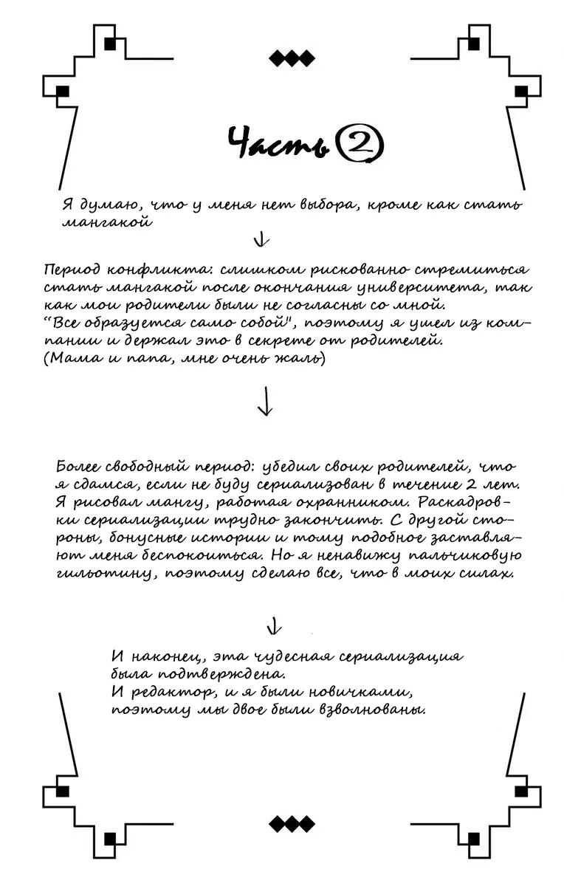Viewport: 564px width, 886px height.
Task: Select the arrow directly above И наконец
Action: point(274,626)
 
